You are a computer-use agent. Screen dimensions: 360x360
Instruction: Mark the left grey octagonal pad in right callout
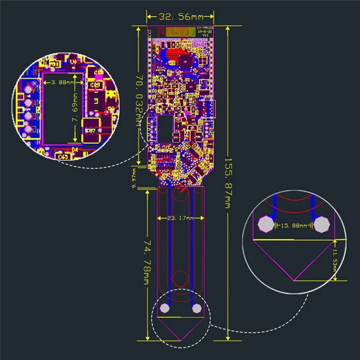click(x=266, y=224)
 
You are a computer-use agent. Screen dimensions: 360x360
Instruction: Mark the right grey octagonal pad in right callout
click(x=322, y=224)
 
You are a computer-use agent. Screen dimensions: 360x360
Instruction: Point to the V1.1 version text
click(x=205, y=35)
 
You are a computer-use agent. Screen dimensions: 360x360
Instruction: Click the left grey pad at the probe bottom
click(x=165, y=308)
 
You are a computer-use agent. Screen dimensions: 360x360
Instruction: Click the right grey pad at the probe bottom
click(x=196, y=309)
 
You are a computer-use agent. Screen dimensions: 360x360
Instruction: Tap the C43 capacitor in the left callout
click(x=63, y=156)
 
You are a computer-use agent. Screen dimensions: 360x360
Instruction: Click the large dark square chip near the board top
click(x=185, y=61)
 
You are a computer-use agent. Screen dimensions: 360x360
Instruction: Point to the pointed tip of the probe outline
click(x=180, y=340)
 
